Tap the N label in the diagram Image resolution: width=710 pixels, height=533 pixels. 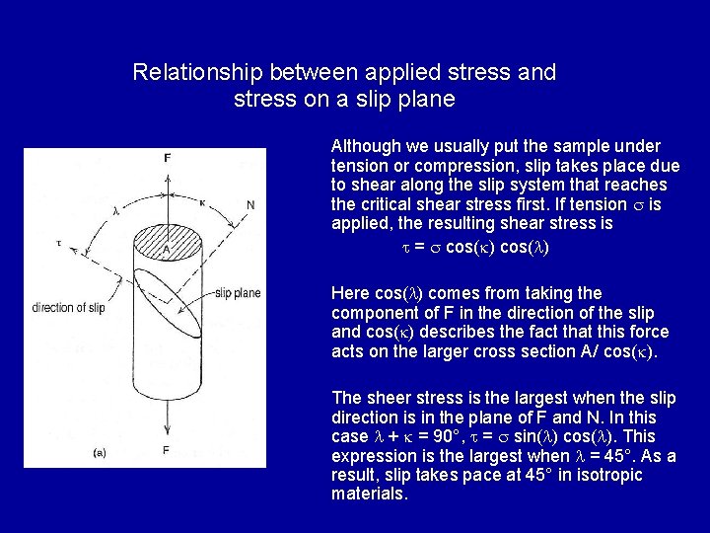(250, 204)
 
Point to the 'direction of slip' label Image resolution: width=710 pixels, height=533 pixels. (68, 307)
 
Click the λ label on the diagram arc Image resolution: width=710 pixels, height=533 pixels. (115, 209)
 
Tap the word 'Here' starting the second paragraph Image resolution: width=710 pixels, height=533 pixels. (349, 293)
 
